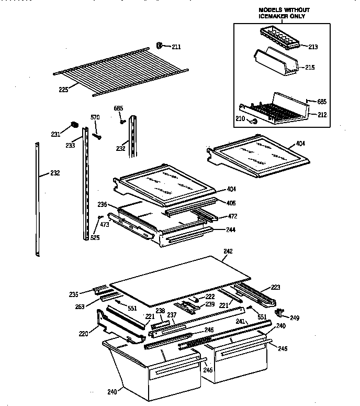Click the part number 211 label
[176, 47]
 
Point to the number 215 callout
[310, 68]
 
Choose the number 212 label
[322, 115]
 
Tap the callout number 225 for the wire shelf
[63, 90]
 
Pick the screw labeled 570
[97, 136]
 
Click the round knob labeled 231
[74, 126]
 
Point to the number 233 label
[70, 147]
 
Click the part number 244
[231, 229]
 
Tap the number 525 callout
[95, 237]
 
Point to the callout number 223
[275, 287]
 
